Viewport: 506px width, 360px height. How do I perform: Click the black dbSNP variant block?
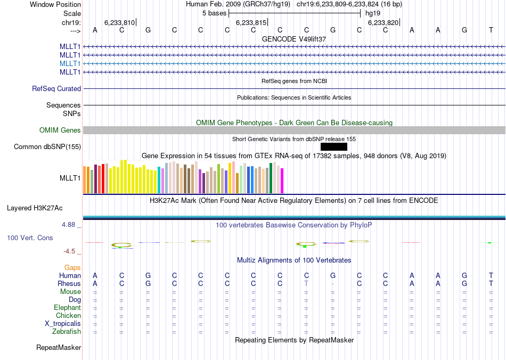pos(334,147)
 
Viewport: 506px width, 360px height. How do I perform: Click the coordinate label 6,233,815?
pos(251,23)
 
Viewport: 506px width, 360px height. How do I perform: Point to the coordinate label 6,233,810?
pos(119,23)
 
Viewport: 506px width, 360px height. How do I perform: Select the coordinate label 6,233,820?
pos(383,23)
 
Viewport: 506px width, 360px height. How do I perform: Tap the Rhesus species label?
pos(70,284)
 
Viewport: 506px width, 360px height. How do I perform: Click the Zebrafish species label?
pos(67,332)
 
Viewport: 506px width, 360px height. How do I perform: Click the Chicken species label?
pos(68,316)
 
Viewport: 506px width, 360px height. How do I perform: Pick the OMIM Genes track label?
pos(60,130)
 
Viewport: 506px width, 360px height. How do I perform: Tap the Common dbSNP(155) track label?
pos(47,147)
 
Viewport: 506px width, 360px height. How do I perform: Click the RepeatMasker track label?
pos(59,348)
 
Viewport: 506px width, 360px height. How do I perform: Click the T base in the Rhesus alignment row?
pos(306,284)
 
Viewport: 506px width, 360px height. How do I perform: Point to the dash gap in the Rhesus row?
pos(333,284)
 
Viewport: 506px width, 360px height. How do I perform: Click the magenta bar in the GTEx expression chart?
pos(282,181)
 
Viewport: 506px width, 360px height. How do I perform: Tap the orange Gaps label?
pos(72,267)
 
